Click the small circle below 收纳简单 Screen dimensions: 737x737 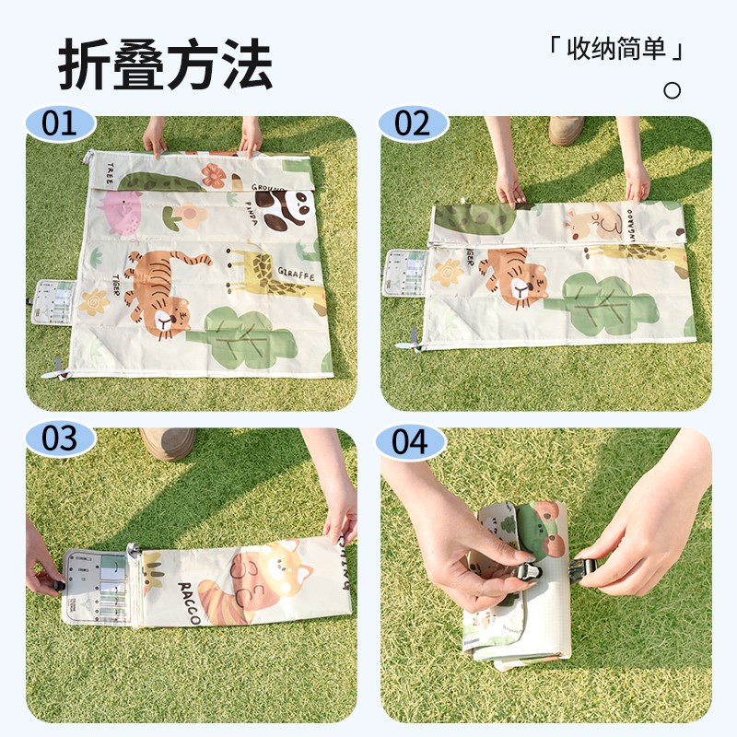(x=673, y=90)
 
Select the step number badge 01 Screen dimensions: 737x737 (x=60, y=123)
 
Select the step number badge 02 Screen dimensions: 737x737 (x=413, y=123)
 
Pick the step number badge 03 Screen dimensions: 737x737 (x=60, y=439)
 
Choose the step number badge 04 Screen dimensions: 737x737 (x=411, y=441)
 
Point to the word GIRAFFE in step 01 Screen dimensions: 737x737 (x=296, y=275)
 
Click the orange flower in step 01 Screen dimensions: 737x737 (x=214, y=175)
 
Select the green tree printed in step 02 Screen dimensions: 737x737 (x=599, y=303)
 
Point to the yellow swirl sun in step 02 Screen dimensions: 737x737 (x=449, y=272)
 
